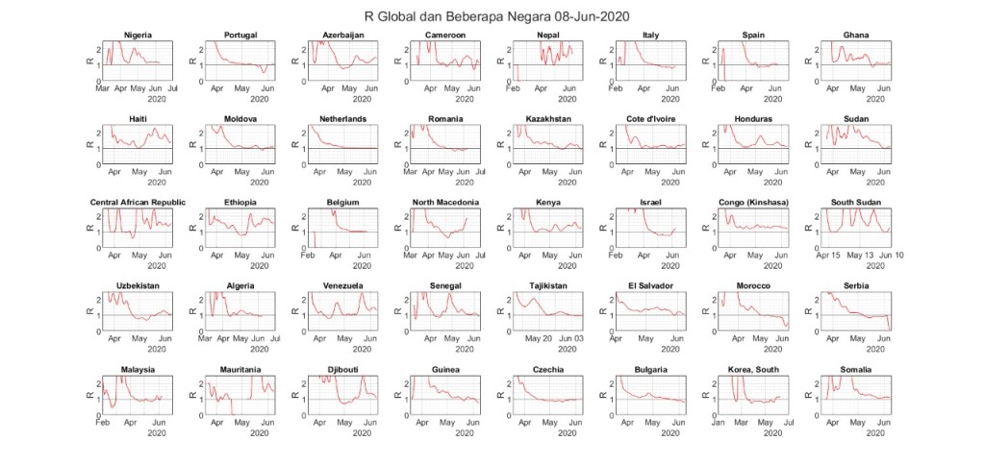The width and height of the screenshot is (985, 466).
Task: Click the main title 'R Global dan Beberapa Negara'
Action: (492, 16)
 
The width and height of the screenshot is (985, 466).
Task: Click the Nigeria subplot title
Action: (138, 36)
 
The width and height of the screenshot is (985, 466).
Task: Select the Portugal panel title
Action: (240, 36)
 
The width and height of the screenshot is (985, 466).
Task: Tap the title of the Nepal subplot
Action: (547, 36)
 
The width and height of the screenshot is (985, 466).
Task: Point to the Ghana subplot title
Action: (855, 36)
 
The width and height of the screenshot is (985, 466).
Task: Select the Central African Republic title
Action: (138, 203)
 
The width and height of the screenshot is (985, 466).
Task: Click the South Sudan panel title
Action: (855, 203)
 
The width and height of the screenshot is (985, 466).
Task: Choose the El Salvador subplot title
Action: (651, 286)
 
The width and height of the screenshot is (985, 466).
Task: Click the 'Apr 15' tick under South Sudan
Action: (829, 256)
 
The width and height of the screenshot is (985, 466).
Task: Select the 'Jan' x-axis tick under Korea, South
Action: (719, 423)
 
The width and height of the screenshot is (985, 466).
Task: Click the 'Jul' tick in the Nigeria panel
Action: (172, 88)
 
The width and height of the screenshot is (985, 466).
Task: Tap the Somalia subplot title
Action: (855, 370)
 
